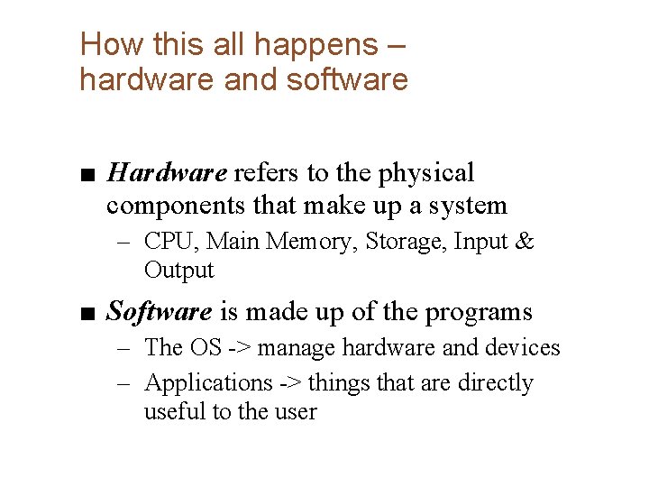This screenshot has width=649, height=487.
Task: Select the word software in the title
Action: click(x=347, y=79)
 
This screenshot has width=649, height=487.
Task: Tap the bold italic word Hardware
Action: click(x=167, y=172)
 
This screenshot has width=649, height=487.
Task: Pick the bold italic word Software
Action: click(x=160, y=312)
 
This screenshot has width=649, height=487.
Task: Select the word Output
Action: click(x=178, y=270)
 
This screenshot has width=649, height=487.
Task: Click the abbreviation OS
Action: click(x=199, y=347)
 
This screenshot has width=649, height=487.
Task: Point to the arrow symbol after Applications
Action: click(x=290, y=383)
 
